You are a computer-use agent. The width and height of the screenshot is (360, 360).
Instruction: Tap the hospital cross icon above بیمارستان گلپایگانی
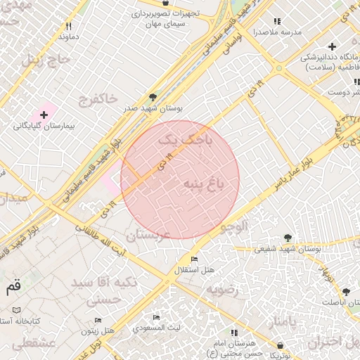pos(44,114)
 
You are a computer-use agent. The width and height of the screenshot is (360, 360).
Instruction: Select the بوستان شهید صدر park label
pos(153,109)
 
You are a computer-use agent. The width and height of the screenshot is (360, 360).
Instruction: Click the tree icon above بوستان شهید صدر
pos(153,98)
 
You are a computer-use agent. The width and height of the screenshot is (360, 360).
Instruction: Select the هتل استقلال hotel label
pos(195,271)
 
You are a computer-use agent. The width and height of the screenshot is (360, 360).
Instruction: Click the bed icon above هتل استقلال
pos(195,260)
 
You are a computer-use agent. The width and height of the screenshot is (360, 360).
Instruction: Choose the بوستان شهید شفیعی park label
pos(287,248)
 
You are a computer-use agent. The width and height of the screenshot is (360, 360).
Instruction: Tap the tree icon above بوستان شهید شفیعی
pos(287,238)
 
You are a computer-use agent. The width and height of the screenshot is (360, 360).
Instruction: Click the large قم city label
pos(13,287)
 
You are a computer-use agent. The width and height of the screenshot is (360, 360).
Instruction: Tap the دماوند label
pos(68,35)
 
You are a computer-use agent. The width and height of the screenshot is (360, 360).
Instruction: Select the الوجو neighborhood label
pos(233,226)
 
